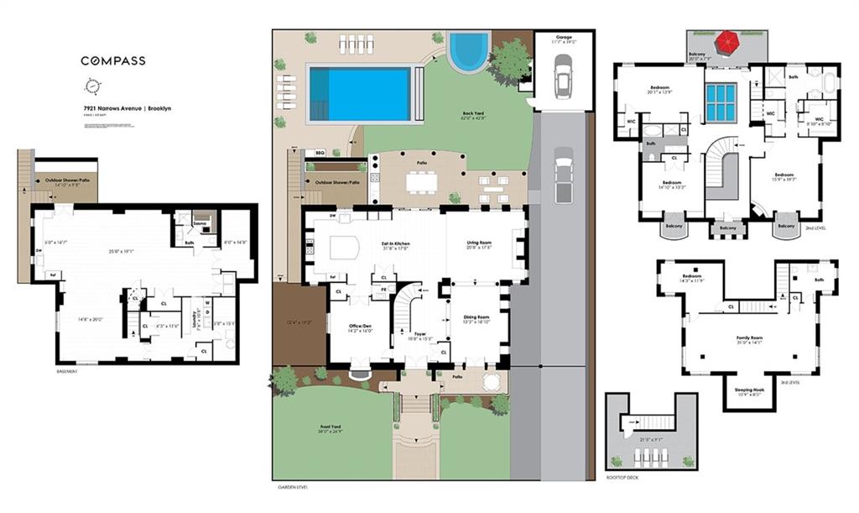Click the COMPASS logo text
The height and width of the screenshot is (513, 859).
point(112,60)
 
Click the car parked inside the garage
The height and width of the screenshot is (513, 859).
point(562,76)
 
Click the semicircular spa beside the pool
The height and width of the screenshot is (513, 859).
point(468,51)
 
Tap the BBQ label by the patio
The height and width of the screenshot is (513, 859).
point(319,153)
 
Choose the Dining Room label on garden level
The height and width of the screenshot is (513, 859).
point(477,317)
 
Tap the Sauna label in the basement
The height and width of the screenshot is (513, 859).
point(199,223)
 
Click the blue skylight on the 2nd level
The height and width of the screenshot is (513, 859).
point(721,102)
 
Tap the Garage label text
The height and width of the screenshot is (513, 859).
point(562,38)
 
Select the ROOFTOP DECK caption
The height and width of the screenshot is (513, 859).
point(624,479)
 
